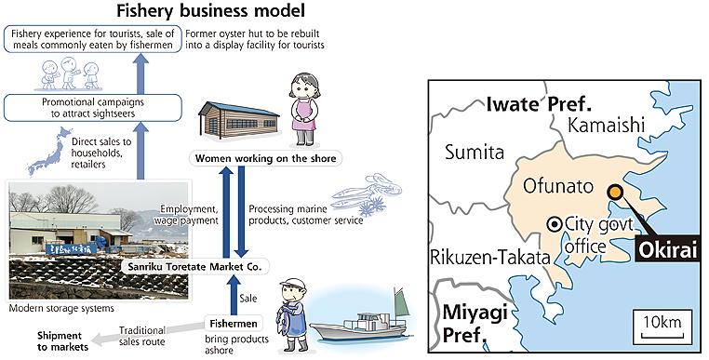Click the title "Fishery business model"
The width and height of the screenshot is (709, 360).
pos(210,10)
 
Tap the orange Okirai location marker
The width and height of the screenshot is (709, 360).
pos(614,192)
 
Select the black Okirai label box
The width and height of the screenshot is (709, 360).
pos(667,249)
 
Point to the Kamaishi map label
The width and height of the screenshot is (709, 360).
pos(606,126)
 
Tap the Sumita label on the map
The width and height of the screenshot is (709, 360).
pos(475,152)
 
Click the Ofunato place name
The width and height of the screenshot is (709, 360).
pos(557,186)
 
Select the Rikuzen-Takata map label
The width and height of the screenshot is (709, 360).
pos(490,258)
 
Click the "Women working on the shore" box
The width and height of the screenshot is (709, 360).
pos(265,159)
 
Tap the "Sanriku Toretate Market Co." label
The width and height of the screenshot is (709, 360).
pos(194,266)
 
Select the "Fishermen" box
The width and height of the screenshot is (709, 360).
pos(234,324)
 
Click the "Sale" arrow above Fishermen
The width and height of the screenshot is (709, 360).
pos(234,295)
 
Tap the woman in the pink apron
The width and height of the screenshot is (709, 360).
pos(304,110)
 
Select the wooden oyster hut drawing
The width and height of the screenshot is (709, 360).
pos(238,119)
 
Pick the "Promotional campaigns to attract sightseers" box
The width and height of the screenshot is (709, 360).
pos(93,108)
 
